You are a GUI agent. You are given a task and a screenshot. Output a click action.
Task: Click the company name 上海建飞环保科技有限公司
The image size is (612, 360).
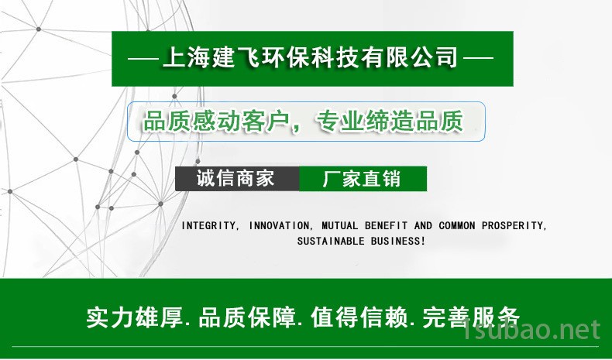[x=310, y=58]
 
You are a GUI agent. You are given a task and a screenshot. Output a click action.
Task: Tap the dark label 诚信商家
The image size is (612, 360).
[x=236, y=178]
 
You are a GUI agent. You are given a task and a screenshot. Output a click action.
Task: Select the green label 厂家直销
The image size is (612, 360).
[x=362, y=179]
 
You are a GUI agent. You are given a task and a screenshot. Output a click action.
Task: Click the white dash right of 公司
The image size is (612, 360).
[x=478, y=59]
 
